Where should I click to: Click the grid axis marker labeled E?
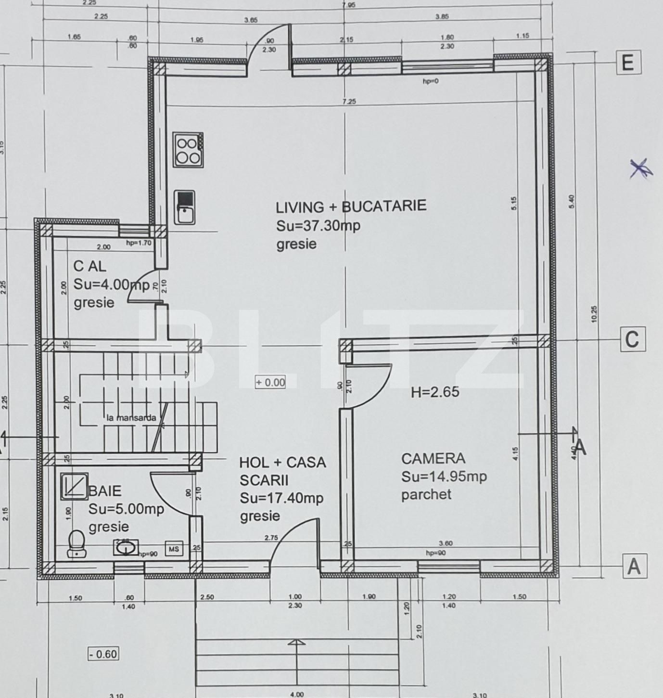pyautogui.click(x=628, y=63)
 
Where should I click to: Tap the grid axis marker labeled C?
pyautogui.click(x=632, y=339)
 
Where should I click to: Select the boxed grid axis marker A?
pyautogui.click(x=634, y=566)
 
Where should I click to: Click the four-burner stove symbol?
pyautogui.click(x=188, y=150)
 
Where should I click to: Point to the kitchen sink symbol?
pyautogui.click(x=185, y=207)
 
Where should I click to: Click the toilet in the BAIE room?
pyautogui.click(x=76, y=544)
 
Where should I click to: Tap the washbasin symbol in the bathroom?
pyautogui.click(x=126, y=548)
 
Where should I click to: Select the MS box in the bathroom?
pyautogui.click(x=174, y=548)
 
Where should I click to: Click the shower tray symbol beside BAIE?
pyautogui.click(x=75, y=485)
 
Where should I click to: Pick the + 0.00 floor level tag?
pyautogui.click(x=270, y=383)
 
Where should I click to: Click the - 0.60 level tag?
pyautogui.click(x=103, y=654)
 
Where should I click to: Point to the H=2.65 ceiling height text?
pyautogui.click(x=435, y=392)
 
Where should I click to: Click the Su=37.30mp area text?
pyautogui.click(x=318, y=226)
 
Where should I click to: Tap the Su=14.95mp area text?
pyautogui.click(x=444, y=477)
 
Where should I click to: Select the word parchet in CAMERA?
pyautogui.click(x=426, y=494)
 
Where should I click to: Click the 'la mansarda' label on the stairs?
pyautogui.click(x=131, y=418)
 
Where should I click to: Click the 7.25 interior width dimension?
pyautogui.click(x=349, y=102)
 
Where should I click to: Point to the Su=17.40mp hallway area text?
pyautogui.click(x=281, y=498)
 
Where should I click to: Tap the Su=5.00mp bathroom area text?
pyautogui.click(x=126, y=509)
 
